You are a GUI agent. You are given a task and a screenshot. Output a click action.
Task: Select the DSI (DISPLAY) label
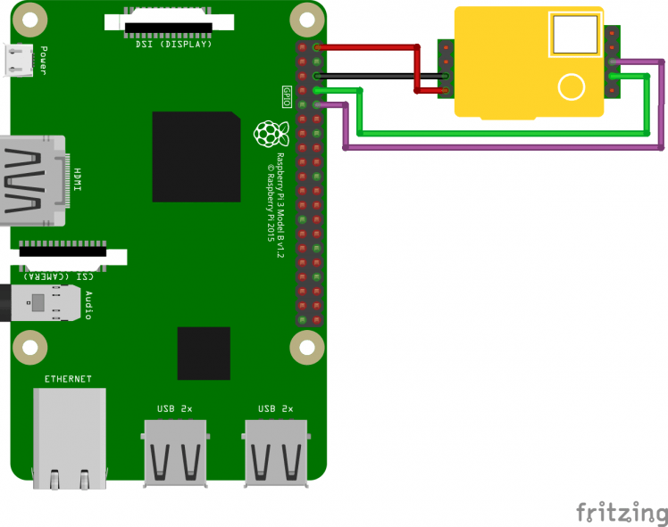171,43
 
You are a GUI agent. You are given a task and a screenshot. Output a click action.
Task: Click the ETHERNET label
68,379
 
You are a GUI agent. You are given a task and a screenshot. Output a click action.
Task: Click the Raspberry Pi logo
268,134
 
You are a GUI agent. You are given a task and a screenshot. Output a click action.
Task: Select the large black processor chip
196,157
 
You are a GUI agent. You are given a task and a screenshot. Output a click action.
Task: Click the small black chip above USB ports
204,353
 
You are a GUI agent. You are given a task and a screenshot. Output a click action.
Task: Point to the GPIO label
287,97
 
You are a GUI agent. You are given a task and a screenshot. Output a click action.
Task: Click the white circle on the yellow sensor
571,86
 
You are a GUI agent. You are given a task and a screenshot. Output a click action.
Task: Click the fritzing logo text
621,513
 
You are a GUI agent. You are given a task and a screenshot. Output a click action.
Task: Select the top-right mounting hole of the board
306,17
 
